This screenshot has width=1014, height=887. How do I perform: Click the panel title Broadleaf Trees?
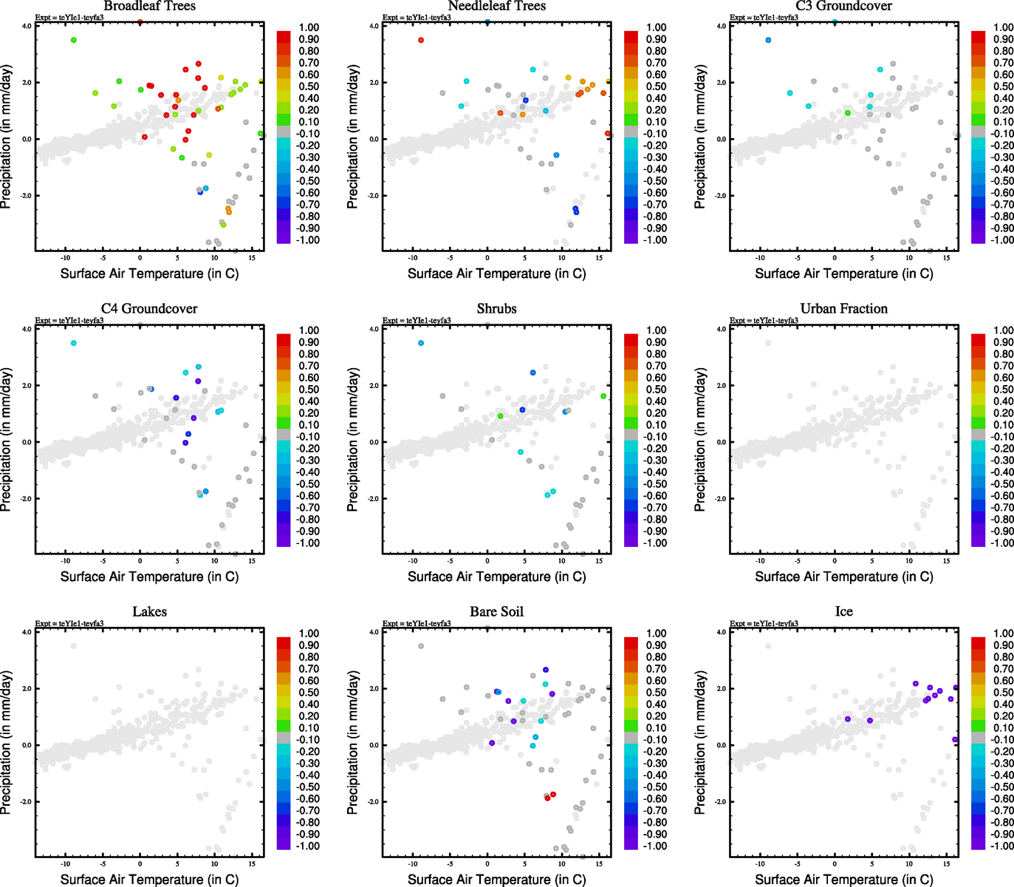click(149, 6)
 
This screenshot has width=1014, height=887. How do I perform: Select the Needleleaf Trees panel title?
click(496, 6)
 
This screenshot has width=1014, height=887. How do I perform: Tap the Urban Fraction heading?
click(843, 308)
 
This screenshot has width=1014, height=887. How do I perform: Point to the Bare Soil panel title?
click(496, 611)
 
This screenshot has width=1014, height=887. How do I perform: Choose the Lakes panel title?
click(149, 611)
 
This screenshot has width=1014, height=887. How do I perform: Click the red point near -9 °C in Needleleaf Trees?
click(421, 40)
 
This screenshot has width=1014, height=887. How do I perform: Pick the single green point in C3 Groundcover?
click(848, 113)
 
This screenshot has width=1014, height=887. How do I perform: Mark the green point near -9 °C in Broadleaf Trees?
click(74, 40)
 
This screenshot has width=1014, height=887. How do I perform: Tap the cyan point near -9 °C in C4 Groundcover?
click(74, 343)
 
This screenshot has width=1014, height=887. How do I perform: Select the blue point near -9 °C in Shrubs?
click(421, 343)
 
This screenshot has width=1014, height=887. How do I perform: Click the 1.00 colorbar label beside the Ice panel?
click(1003, 633)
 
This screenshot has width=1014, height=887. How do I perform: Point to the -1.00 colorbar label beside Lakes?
click(308, 846)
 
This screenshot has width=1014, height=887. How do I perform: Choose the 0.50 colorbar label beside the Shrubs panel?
click(656, 390)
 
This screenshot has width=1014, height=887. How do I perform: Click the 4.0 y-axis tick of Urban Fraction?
click(721, 329)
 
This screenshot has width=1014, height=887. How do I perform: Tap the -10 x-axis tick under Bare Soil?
click(413, 863)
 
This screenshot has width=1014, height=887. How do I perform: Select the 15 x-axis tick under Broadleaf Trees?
click(252, 257)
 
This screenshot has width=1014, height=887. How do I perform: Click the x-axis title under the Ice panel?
click(843, 880)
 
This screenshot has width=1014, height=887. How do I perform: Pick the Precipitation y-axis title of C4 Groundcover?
click(7, 441)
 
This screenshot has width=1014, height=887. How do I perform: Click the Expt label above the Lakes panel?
click(69, 624)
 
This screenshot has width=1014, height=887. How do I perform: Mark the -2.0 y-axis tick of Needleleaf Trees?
click(373, 196)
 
